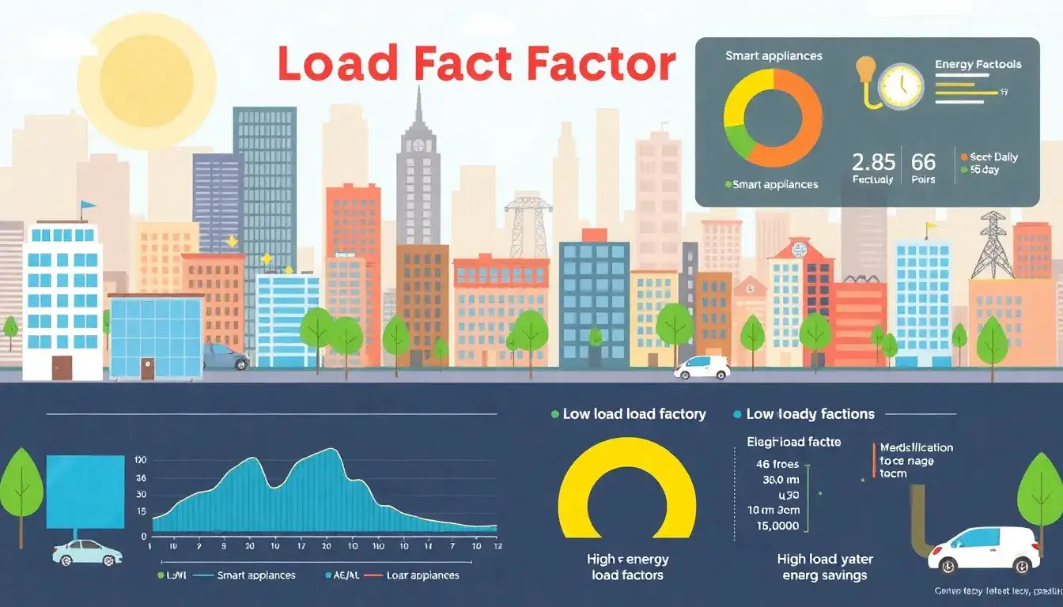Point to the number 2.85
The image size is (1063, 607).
coord(873,163)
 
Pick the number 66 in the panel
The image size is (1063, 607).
coord(923,163)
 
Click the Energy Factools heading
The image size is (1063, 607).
coord(978,64)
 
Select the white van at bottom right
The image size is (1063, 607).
coord(984,549)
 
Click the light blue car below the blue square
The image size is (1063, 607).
coord(87,552)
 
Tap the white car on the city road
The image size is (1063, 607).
coord(702,368)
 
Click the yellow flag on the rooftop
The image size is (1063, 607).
coord(931,226)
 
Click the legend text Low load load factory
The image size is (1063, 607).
coord(634,414)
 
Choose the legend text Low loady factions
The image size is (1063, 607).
coord(810,414)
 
